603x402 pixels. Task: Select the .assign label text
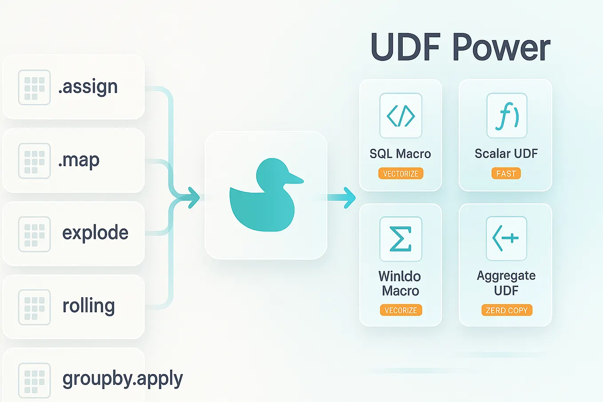coord(88,87)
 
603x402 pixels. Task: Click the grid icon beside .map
coord(34,160)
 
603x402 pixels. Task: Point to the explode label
coord(95,233)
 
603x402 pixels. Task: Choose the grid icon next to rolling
coord(34,307)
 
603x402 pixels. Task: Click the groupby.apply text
coord(123,379)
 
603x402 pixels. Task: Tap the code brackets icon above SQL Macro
coord(401,116)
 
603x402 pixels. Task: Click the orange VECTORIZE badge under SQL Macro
coord(401,174)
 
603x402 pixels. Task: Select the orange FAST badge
coord(506,174)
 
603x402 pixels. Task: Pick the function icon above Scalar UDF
coord(507,116)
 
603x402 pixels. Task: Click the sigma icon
coord(401,239)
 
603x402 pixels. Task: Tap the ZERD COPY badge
coord(507,310)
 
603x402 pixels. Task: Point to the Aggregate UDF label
coord(506,283)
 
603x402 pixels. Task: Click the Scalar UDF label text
coord(506,154)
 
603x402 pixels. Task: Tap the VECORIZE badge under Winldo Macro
coord(401,310)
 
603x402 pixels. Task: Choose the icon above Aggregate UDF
coord(506,239)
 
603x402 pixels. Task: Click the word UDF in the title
coord(405,48)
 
